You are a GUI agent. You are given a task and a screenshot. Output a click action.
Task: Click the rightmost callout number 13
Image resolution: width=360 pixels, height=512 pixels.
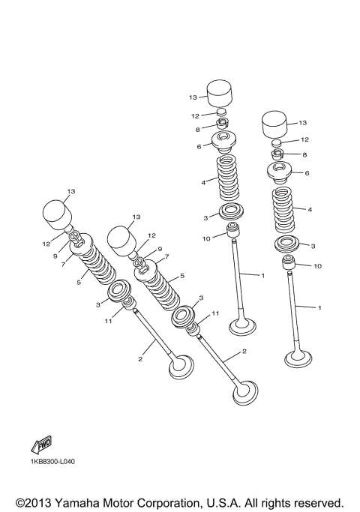tap(303, 122)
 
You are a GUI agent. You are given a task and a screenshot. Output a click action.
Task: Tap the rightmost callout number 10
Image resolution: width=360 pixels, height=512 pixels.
tap(317, 265)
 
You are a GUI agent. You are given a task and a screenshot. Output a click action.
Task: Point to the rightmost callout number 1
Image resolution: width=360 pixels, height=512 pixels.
tap(320, 307)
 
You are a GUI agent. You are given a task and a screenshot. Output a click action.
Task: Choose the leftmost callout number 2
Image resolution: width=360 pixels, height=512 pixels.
tap(139, 360)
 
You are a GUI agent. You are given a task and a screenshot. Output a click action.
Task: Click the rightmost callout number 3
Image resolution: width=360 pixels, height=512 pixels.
tap(313, 245)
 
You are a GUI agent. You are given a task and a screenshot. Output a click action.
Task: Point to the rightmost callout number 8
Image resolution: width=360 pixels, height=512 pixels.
tap(304, 154)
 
